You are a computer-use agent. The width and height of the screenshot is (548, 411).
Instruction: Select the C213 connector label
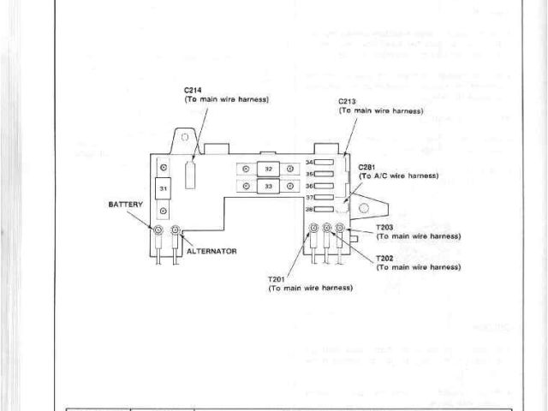pos(347,102)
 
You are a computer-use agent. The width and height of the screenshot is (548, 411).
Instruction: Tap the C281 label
pos(367,166)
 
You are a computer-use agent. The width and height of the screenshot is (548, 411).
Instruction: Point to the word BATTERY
pos(125,205)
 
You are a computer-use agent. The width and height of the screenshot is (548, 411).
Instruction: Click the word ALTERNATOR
pos(211,251)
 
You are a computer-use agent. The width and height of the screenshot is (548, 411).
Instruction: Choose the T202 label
pos(384,258)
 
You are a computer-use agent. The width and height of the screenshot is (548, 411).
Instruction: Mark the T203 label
pos(384,227)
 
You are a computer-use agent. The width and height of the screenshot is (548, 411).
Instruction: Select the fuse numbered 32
pos(268,169)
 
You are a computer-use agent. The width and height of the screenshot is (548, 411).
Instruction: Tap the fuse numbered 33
pos(268,185)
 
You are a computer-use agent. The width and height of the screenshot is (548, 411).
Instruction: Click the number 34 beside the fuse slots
pos(310,162)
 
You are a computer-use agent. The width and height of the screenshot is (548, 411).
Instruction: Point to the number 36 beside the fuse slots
pos(310,186)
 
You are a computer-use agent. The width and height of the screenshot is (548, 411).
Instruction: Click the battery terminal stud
pos(159,231)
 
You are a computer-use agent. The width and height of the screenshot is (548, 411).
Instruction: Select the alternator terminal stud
pos(176,231)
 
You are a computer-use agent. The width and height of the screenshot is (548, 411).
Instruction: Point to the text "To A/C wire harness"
pos(399,176)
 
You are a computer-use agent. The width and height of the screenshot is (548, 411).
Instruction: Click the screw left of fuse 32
pos(246,169)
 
